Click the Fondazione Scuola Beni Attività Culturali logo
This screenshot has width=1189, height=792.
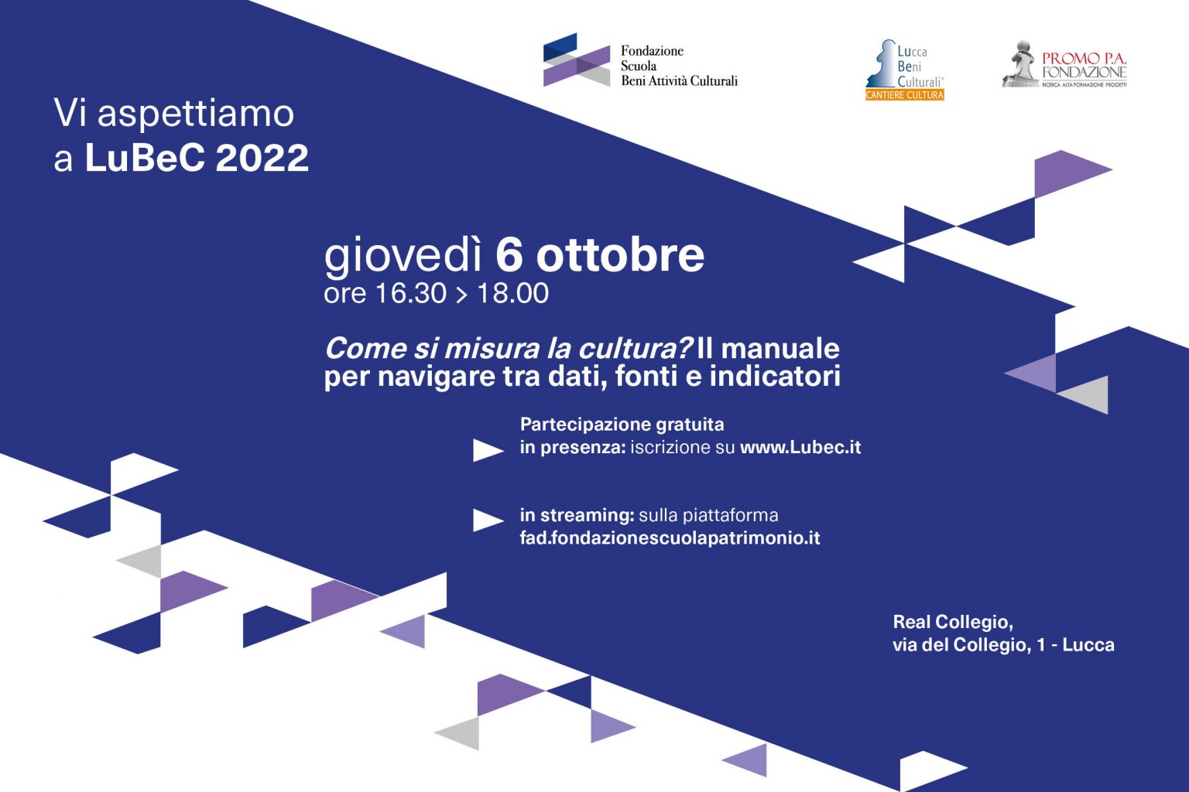(640, 60)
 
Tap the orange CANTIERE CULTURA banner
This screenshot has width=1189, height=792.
(904, 95)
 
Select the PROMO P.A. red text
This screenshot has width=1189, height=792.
(1084, 58)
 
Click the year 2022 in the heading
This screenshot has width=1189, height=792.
(262, 158)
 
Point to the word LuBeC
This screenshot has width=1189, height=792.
(145, 158)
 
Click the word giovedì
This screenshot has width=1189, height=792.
(403, 257)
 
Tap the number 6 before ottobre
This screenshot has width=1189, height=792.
(509, 256)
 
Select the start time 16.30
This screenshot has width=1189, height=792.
(411, 293)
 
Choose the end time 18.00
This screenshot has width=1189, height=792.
(512, 293)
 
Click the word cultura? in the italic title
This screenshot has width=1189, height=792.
(636, 349)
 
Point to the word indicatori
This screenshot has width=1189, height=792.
(775, 376)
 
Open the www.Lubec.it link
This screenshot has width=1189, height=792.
(800, 447)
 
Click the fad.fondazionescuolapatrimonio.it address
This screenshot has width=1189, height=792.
(670, 538)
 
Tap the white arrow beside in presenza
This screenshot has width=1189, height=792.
(487, 450)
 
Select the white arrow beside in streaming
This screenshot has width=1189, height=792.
(487, 520)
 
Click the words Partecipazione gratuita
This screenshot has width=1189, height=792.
(622, 425)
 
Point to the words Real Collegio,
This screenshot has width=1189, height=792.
(953, 623)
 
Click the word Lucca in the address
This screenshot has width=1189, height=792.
(1088, 645)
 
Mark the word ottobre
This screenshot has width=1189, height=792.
(620, 256)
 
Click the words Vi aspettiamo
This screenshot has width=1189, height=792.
(174, 113)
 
